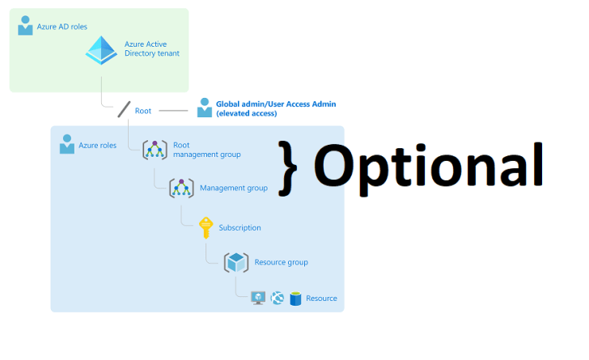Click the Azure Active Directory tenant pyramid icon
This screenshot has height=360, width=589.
click(101, 50)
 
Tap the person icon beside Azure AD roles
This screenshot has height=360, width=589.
click(25, 26)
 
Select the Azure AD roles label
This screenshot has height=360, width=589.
click(62, 27)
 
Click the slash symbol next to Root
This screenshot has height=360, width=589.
click(124, 109)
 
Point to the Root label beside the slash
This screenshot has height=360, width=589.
click(143, 111)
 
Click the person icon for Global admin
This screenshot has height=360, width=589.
click(205, 108)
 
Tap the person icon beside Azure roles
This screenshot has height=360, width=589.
click(67, 144)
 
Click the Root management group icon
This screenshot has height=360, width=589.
click(155, 150)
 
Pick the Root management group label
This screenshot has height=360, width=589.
click(207, 150)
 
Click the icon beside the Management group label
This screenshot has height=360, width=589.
click(181, 188)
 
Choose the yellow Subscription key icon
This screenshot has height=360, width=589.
click(206, 227)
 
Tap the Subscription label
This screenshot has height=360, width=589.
click(239, 227)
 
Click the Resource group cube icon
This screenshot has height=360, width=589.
click(236, 262)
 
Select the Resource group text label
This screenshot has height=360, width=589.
click(282, 262)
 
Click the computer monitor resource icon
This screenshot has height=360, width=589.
click(258, 298)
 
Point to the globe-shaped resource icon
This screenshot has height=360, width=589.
click(278, 298)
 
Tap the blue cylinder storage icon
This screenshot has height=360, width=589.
click(295, 299)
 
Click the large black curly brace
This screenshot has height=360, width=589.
click(288, 168)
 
